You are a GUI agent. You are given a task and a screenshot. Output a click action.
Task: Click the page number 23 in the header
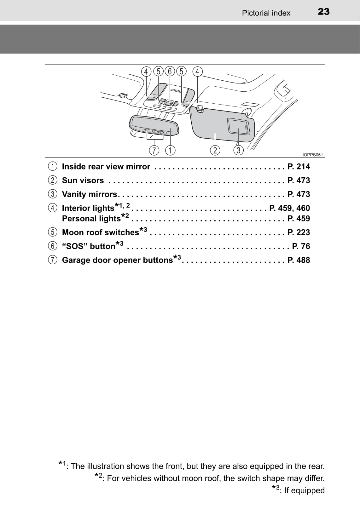pos(323,12)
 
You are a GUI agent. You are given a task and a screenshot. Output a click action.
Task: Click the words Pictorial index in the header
pos(266,13)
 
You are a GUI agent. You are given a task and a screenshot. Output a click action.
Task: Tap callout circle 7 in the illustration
pos(154,150)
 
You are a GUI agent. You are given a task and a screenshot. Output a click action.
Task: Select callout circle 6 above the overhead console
pos(170,72)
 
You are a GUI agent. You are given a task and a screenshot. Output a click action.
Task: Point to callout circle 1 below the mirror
pos(170,150)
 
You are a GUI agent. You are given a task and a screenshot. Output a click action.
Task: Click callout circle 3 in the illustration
pos(238,150)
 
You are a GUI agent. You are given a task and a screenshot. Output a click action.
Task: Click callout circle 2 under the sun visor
pos(215,150)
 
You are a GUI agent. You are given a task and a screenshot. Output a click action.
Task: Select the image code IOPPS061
pos(313,155)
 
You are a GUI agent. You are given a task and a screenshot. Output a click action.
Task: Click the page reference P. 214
pos(299,167)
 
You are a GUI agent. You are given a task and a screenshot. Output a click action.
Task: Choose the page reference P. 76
pos(301,246)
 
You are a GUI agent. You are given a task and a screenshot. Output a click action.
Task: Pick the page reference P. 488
pos(299,260)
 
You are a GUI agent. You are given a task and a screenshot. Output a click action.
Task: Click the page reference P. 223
pos(299,232)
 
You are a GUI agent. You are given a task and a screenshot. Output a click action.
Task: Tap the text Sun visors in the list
pos(83,180)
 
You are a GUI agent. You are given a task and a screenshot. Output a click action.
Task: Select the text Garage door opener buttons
pos(118,260)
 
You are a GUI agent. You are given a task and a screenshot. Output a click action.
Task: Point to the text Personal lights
pos(91,218)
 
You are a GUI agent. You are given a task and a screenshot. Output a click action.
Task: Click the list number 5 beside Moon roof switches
pos(53,232)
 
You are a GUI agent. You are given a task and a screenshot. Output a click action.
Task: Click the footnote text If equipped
pos(305,490)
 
